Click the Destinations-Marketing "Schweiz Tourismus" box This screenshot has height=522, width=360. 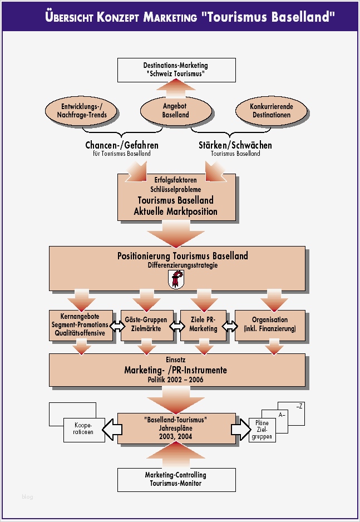[175, 70]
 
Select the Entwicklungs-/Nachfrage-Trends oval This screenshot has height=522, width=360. [82, 111]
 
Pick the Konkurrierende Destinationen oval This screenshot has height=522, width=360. [271, 111]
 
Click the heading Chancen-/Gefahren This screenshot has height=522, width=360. [118, 145]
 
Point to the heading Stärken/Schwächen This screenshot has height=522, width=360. [235, 145]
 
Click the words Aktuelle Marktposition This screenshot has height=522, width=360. [175, 211]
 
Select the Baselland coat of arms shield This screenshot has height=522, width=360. [176, 279]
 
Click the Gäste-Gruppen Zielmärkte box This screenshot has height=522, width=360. [146, 324]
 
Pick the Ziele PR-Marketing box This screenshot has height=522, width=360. [203, 324]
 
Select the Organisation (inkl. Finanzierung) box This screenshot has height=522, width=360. [270, 324]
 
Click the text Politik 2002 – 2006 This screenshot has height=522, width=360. [175, 380]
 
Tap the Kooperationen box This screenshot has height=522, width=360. [83, 429]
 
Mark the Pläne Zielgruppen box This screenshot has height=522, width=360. [262, 430]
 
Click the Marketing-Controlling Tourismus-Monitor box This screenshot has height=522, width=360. [175, 479]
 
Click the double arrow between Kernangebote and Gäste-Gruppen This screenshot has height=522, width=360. [117, 327]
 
